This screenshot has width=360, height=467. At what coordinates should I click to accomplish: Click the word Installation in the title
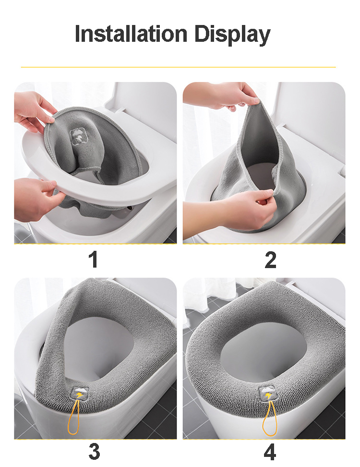click(x=131, y=33)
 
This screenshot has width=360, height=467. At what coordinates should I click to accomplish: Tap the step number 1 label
click(x=94, y=259)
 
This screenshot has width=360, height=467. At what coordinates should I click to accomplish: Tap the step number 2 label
click(x=270, y=260)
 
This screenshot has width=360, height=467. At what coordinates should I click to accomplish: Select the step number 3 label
click(x=94, y=452)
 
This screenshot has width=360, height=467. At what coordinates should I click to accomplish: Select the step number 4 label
click(x=270, y=452)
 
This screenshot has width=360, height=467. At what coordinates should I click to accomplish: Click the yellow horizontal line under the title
click(x=178, y=67)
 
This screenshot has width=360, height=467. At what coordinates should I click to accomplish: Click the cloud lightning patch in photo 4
click(x=268, y=394)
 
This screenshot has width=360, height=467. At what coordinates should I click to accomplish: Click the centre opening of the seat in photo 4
click(x=264, y=351)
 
